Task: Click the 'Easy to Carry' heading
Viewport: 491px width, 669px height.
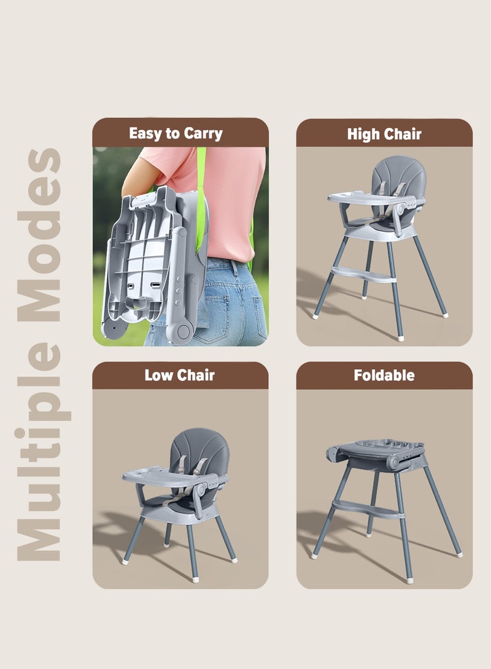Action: click(176, 133)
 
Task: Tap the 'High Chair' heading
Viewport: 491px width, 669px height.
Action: click(384, 134)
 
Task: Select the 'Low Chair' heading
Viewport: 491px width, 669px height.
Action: click(179, 375)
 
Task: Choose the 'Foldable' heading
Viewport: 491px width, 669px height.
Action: click(384, 375)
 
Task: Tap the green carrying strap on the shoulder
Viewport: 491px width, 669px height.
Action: click(201, 169)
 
